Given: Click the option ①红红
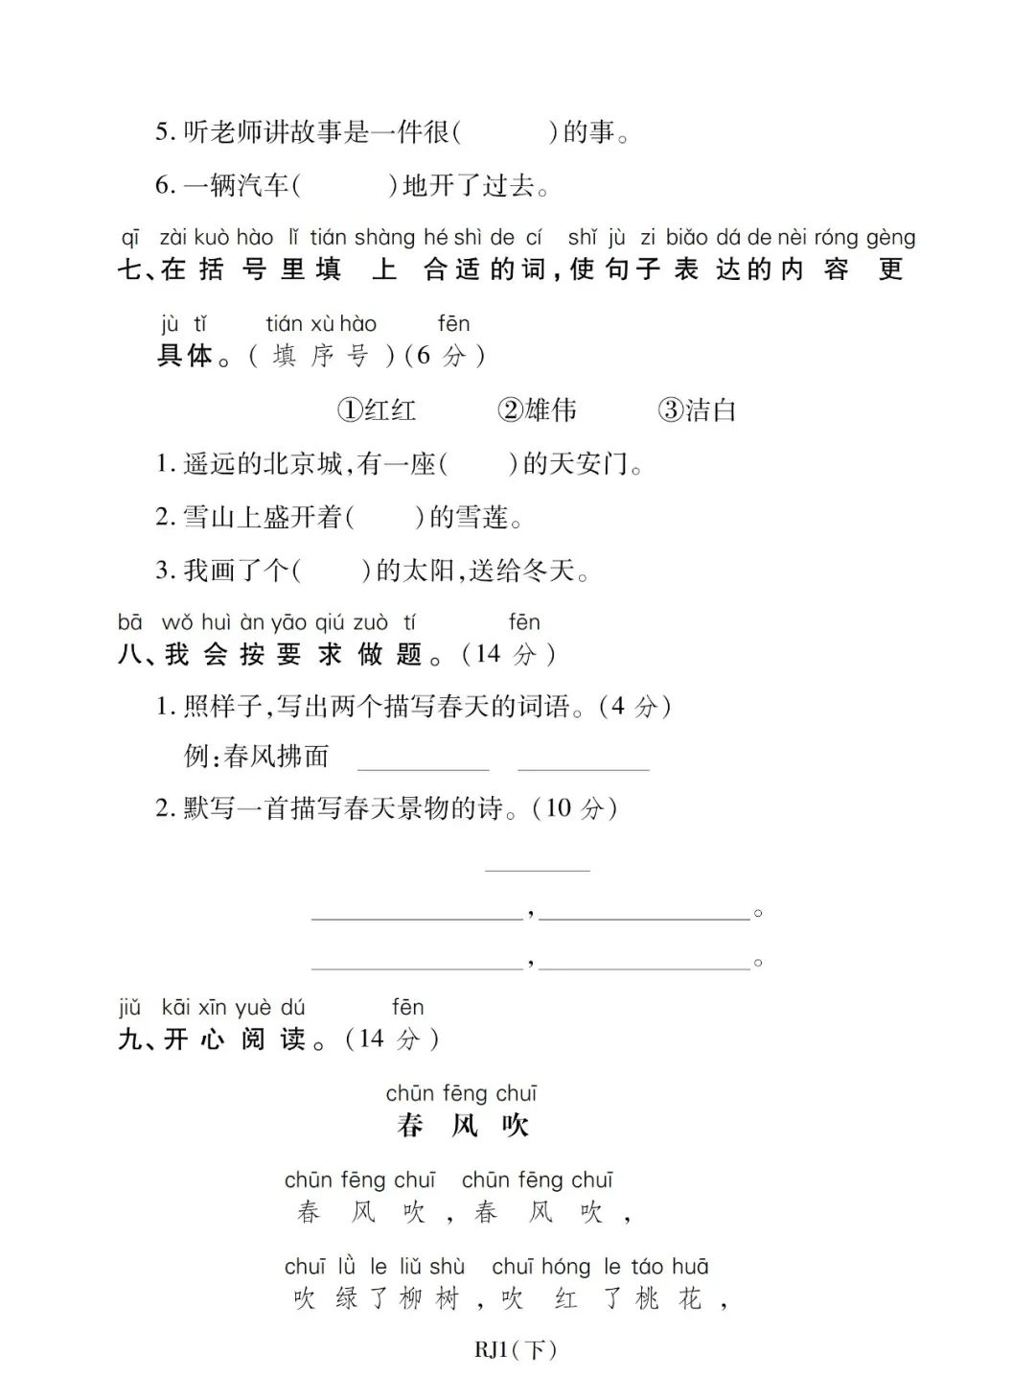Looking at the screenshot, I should (377, 410).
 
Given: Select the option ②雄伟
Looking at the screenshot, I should (537, 410).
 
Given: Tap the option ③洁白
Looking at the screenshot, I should (697, 410).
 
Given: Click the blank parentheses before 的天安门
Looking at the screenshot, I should (478, 465).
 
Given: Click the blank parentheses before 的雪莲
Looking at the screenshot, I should (384, 518).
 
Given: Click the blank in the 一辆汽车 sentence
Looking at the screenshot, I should (344, 185).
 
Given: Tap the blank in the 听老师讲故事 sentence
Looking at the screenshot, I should (504, 132).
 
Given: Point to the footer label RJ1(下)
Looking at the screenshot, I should (516, 1350).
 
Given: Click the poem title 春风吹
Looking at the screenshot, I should (463, 1125).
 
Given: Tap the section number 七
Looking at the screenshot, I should (128, 269).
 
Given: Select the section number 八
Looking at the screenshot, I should (128, 655).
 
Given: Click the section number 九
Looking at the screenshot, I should (128, 1039).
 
